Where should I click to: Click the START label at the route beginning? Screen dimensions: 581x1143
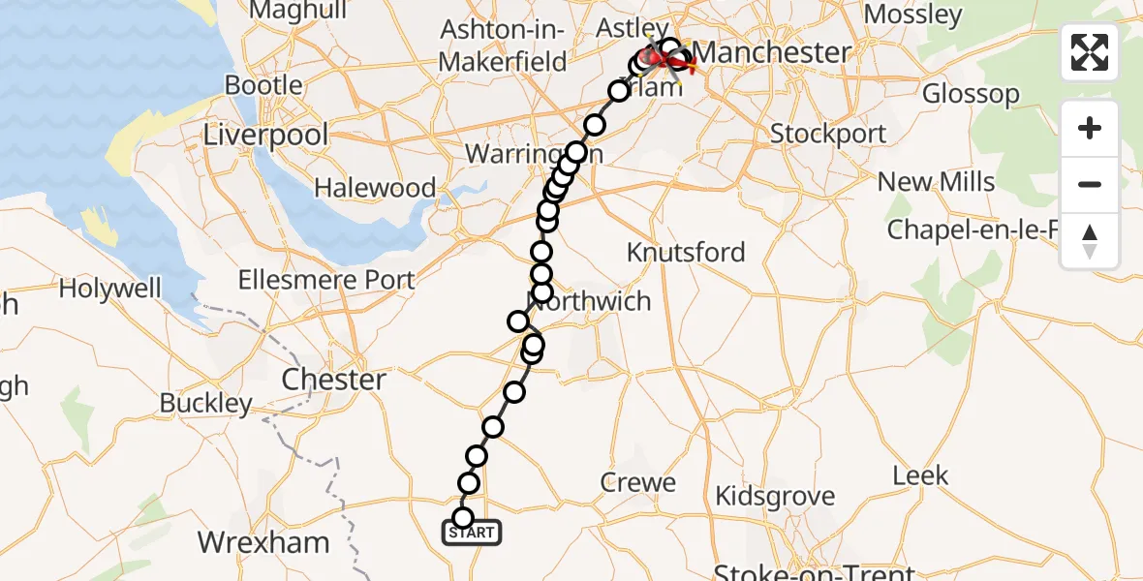(x=473, y=533)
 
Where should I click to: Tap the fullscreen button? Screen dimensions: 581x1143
(x=1090, y=52)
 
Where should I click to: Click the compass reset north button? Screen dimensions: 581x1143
(x=1090, y=241)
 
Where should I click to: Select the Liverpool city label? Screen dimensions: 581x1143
(x=266, y=135)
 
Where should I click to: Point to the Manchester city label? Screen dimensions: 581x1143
(x=773, y=52)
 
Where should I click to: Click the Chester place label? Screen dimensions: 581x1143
(x=334, y=380)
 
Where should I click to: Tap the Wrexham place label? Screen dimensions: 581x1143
(x=263, y=542)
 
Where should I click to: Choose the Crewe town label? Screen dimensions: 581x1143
(x=638, y=482)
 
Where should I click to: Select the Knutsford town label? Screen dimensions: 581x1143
(x=686, y=253)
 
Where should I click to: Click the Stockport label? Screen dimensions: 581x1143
(x=828, y=134)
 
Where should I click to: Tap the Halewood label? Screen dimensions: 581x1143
(x=374, y=188)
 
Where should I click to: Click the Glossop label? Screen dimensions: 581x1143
(x=971, y=95)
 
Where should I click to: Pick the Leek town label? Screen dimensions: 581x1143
(x=920, y=476)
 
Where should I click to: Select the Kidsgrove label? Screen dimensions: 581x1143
(x=774, y=497)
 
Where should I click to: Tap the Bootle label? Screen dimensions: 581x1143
(x=263, y=85)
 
